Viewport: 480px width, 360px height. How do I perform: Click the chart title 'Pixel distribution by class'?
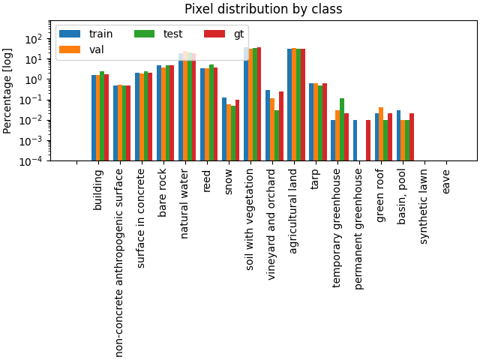click(x=263, y=9)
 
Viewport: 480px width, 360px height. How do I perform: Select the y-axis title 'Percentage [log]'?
click(x=8, y=90)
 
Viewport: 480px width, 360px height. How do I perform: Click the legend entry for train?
click(x=86, y=34)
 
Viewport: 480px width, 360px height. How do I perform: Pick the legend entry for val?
click(x=86, y=49)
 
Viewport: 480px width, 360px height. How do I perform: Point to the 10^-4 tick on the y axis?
click(x=33, y=160)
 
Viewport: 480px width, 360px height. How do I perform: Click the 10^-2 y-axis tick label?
click(x=33, y=120)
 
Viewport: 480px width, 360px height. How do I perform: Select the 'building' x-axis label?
click(x=98, y=189)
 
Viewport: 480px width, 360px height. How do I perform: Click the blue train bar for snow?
click(x=224, y=129)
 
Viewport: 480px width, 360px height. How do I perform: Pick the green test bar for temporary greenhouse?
click(x=342, y=129)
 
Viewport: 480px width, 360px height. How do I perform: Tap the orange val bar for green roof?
click(x=381, y=133)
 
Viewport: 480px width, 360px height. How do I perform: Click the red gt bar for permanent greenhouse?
click(x=368, y=140)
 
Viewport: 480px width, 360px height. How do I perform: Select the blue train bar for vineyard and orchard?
click(x=268, y=125)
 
